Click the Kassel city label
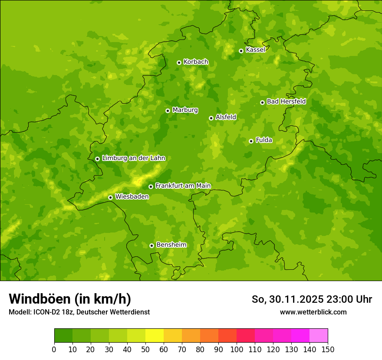click(255, 50)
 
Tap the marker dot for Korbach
click(179, 62)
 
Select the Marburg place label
click(185, 110)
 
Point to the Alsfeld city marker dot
click(211, 118)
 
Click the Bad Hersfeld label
click(286, 101)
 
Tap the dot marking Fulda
click(251, 141)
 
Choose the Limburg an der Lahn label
click(134, 158)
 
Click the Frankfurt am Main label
click(183, 186)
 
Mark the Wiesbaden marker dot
click(110, 197)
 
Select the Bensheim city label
click(171, 245)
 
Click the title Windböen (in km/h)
click(70, 299)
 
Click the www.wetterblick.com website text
click(313, 312)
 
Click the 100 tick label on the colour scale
click(237, 349)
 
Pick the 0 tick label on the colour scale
click(54, 349)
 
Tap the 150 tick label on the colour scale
click(328, 349)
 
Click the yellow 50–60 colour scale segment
click(155, 336)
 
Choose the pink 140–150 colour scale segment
click(319, 336)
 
